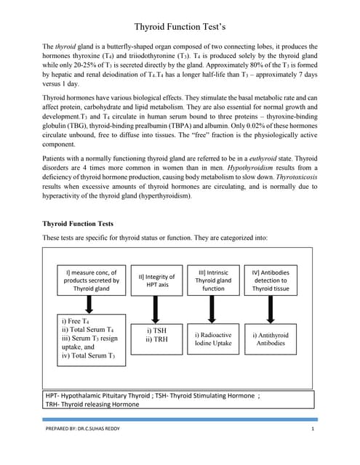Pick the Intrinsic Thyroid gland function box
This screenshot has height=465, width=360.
[x=213, y=280]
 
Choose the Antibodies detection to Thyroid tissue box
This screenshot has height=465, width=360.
[x=270, y=280]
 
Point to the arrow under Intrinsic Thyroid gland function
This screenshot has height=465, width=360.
[x=213, y=309]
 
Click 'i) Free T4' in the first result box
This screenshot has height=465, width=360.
[x=76, y=321]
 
